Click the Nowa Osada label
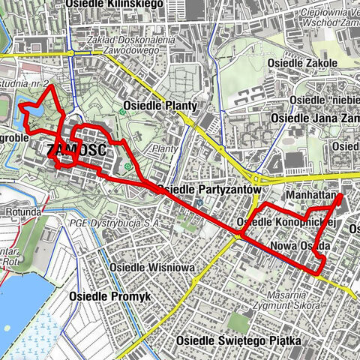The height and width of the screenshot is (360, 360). tap(300, 246)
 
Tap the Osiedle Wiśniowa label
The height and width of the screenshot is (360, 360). tap(151, 267)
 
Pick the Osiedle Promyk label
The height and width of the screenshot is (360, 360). tap(109, 296)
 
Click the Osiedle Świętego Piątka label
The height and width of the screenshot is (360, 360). tap(239, 341)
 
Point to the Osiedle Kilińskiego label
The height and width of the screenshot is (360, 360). tap(115, 4)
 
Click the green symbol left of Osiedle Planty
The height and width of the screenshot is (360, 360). tap(121, 112)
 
